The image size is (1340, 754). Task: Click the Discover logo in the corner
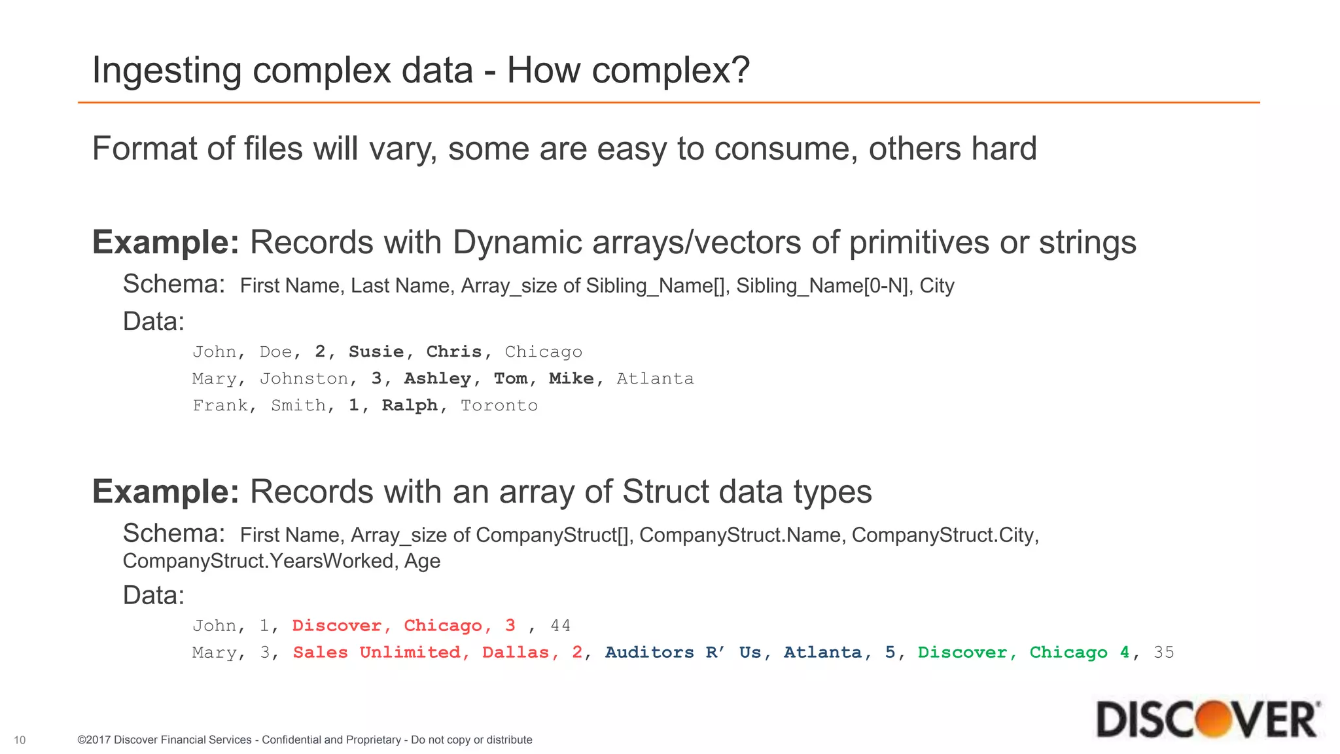[x=1208, y=719]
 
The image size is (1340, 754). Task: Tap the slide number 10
[x=20, y=740]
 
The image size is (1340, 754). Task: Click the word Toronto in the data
[x=499, y=406]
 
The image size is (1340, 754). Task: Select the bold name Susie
[x=376, y=352]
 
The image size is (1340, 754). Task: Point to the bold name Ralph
[x=410, y=406]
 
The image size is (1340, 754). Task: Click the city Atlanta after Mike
[x=655, y=379]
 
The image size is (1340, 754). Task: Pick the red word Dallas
[x=516, y=653]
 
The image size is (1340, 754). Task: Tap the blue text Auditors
[x=649, y=653]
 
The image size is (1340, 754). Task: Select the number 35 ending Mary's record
[x=1164, y=653]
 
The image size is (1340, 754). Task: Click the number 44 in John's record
[x=561, y=626]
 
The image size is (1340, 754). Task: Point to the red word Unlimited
[x=410, y=653]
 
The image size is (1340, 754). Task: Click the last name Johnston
[x=304, y=379]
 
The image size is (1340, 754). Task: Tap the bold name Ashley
[x=438, y=379]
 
